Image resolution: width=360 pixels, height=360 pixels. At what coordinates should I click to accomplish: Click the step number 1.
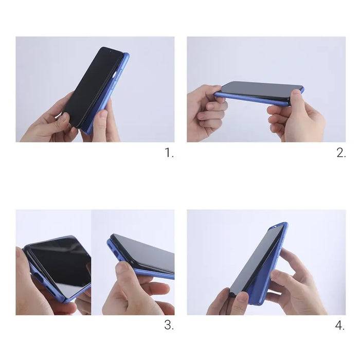click(169, 153)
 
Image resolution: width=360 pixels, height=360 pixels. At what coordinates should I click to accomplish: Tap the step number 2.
click(340, 153)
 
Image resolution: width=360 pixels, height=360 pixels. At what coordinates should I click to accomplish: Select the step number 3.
click(169, 325)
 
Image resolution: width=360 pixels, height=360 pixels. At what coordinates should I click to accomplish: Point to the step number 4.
click(340, 325)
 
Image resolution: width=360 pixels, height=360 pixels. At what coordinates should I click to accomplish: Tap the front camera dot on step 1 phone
click(114, 74)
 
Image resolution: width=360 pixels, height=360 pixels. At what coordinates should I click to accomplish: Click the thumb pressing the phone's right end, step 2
click(297, 98)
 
